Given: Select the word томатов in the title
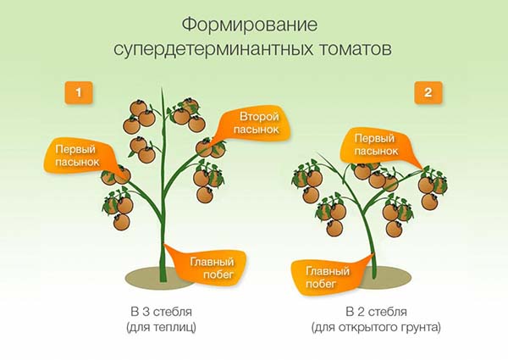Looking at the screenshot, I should click(353, 47).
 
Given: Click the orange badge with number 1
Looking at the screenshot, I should click(79, 92).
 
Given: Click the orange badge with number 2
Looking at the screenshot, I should click(428, 92).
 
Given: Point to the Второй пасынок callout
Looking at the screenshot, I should click(253, 123).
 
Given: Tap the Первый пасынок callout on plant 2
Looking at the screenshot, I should click(375, 143).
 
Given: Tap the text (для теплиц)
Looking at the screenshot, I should click(165, 326).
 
